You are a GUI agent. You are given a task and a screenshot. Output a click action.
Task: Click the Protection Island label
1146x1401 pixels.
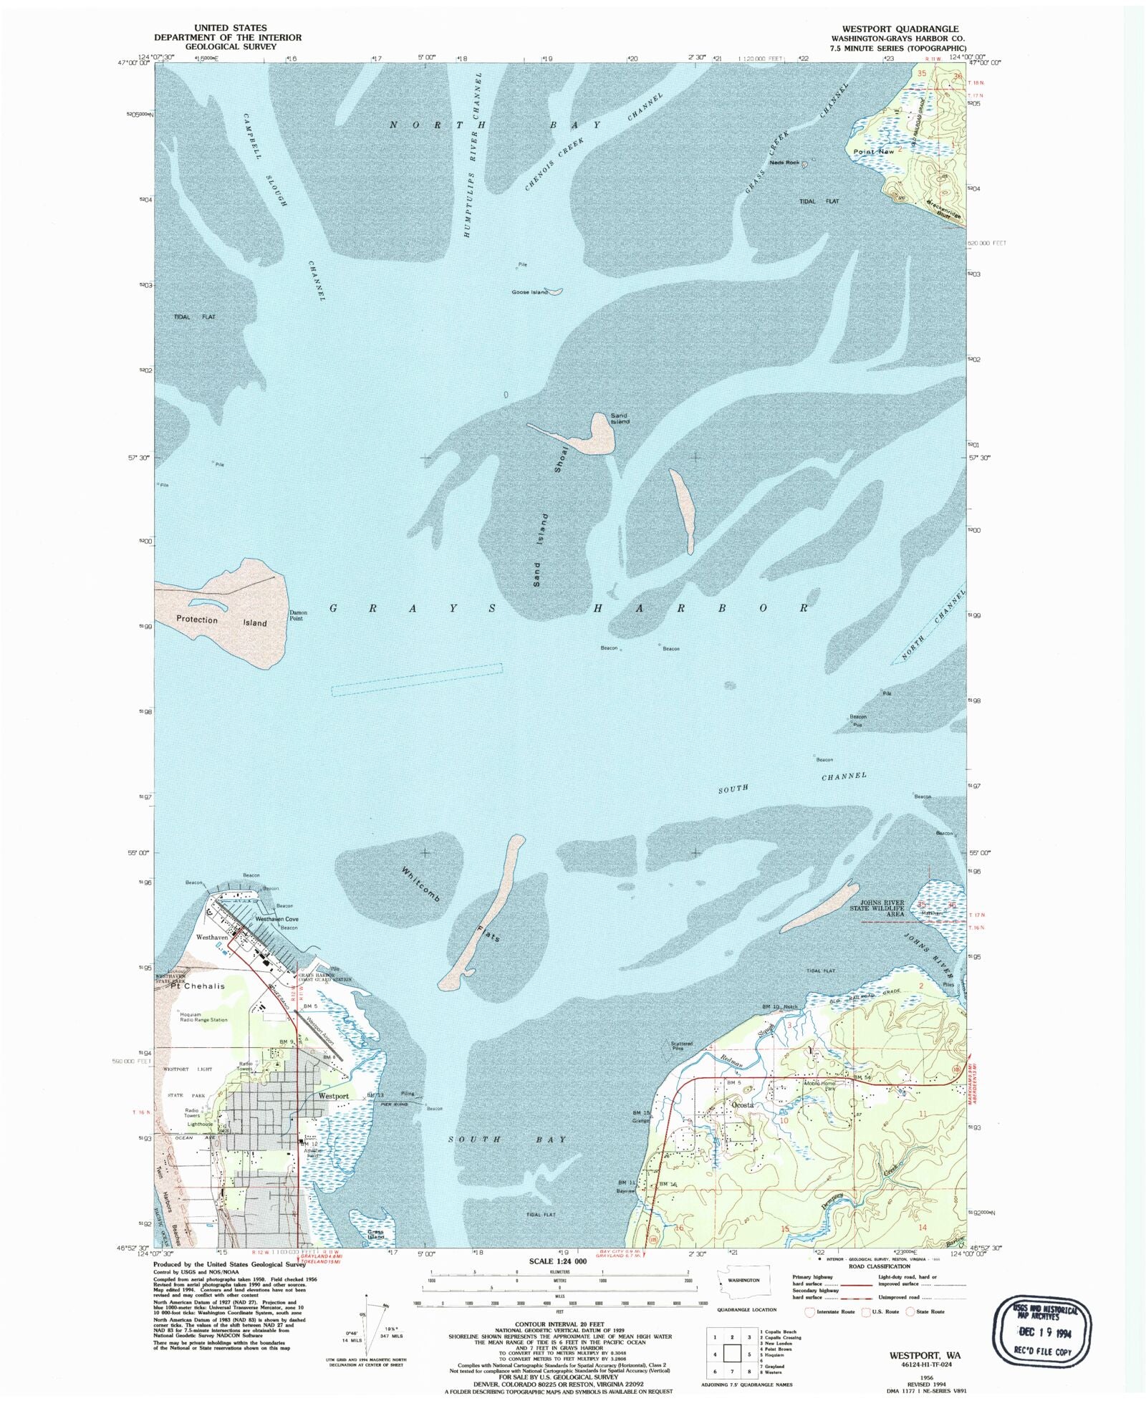tap(221, 621)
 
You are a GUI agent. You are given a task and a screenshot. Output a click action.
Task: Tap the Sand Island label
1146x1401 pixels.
tap(620, 418)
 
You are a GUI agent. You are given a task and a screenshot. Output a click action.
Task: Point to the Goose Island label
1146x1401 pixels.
tap(529, 292)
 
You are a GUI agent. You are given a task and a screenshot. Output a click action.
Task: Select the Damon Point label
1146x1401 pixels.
tap(298, 615)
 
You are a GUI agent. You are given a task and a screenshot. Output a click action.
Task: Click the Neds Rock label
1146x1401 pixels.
tap(784, 163)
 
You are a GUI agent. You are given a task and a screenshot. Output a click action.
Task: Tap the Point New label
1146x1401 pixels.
tap(874, 152)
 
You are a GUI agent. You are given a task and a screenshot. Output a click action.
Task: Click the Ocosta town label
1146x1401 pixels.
tap(742, 1104)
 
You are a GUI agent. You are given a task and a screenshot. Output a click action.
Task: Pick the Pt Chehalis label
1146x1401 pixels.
tap(197, 986)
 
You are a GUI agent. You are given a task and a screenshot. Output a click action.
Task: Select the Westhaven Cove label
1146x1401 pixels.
tap(276, 919)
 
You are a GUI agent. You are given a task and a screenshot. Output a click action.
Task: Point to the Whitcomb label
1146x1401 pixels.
tap(420, 885)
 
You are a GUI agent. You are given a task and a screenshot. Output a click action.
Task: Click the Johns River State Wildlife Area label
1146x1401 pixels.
tap(877, 908)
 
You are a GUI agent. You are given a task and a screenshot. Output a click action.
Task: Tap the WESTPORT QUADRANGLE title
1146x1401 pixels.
tap(900, 29)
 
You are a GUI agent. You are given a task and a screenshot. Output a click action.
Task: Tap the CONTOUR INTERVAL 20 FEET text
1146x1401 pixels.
tap(559, 1324)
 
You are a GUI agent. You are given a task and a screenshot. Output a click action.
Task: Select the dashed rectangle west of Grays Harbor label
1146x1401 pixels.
tap(417, 680)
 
